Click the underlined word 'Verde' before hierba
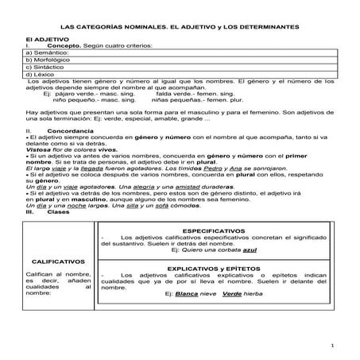click(232, 293)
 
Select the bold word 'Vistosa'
click(39, 149)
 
